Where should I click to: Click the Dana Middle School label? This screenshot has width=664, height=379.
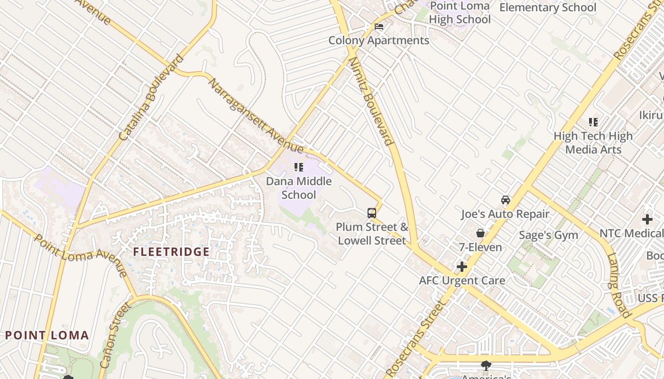point(298,188)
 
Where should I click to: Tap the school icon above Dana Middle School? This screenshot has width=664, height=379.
point(299,167)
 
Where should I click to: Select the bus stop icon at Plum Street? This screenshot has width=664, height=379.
point(372,213)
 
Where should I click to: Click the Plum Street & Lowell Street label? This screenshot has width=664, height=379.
point(372,234)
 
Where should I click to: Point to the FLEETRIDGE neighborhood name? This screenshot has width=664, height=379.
point(171,252)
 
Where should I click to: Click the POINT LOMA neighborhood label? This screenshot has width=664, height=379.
point(47,335)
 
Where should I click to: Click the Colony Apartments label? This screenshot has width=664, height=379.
point(379,41)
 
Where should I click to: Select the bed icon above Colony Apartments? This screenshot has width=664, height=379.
point(379,27)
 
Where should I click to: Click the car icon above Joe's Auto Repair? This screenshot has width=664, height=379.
point(506,200)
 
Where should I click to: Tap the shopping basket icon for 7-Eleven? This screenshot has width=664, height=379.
point(480,233)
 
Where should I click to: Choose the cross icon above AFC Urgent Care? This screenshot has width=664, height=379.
point(462,267)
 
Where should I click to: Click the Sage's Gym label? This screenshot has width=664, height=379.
point(548,235)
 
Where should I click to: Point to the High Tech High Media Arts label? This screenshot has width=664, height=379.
point(593,143)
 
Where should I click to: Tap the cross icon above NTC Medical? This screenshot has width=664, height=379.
point(647,219)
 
